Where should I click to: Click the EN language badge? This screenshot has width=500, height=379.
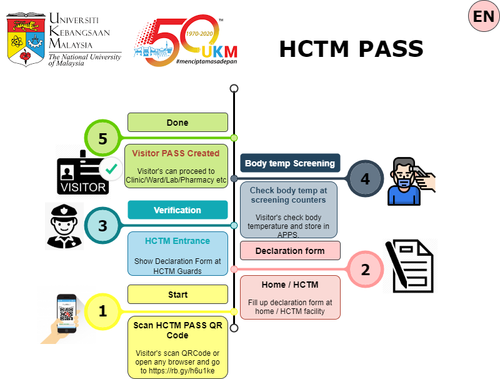click(484, 17)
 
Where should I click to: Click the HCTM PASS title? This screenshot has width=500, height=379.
click(351, 49)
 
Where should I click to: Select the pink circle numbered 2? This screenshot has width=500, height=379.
click(365, 270)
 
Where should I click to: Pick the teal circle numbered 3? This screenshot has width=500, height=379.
click(102, 225)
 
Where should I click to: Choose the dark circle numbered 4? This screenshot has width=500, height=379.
click(365, 179)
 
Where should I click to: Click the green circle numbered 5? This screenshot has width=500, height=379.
click(102, 138)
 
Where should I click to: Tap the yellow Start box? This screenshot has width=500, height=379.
click(177, 294)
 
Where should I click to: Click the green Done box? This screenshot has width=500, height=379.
click(177, 123)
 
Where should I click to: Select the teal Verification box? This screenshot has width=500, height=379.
click(177, 210)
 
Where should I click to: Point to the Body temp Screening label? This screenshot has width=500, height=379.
click(290, 163)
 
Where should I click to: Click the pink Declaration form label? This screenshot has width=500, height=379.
click(290, 251)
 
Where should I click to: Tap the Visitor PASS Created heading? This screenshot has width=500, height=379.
click(176, 153)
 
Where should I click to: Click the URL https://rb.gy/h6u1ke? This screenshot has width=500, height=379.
click(178, 371)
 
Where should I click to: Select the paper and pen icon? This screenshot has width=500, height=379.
click(410, 266)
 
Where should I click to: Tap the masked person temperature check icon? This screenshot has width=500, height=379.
click(409, 181)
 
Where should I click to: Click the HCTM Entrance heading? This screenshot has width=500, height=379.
click(177, 241)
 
